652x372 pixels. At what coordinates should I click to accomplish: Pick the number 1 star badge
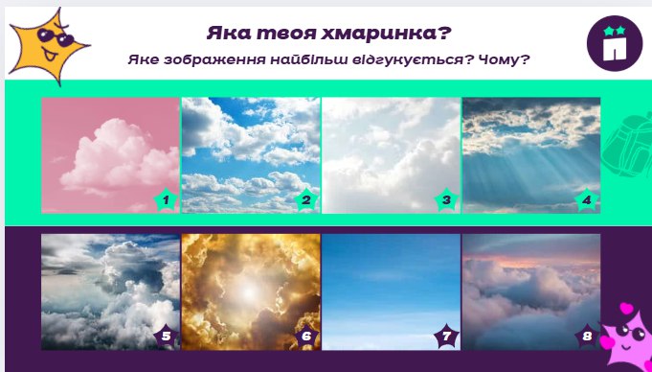tap(165, 200)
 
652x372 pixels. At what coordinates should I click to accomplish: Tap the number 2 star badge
tap(306, 200)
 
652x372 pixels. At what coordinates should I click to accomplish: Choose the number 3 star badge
tap(445, 200)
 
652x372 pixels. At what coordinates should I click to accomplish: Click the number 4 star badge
tap(586, 200)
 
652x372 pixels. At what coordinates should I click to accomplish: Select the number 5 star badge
tap(165, 337)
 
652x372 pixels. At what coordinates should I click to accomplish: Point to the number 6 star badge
tap(306, 337)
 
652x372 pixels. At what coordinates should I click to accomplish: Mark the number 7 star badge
tap(445, 337)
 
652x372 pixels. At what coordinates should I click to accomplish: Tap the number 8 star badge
tap(586, 337)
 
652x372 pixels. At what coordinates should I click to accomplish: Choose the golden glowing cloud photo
tap(249, 288)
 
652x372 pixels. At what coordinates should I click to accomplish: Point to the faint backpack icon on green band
tap(630, 149)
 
